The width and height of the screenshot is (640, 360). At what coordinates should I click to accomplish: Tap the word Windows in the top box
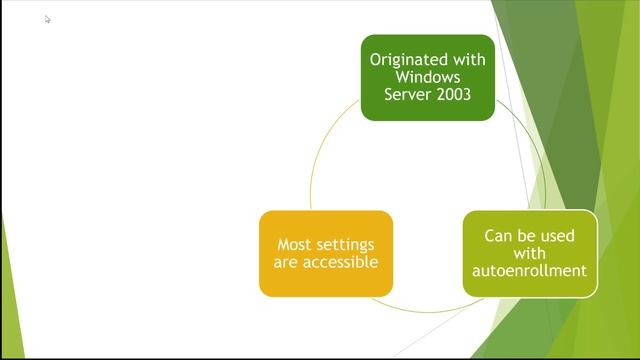point(428,77)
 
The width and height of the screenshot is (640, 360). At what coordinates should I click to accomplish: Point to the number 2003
point(451,95)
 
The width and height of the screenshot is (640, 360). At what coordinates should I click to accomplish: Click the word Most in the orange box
point(294,245)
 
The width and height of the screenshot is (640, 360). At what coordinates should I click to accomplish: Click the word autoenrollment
point(529,271)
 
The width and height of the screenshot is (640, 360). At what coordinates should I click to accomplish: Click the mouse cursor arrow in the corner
point(47,18)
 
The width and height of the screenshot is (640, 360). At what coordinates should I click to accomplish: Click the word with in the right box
point(529,253)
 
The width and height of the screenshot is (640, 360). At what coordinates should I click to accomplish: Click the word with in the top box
point(471,60)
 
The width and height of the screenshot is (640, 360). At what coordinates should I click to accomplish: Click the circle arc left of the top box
point(325,150)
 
